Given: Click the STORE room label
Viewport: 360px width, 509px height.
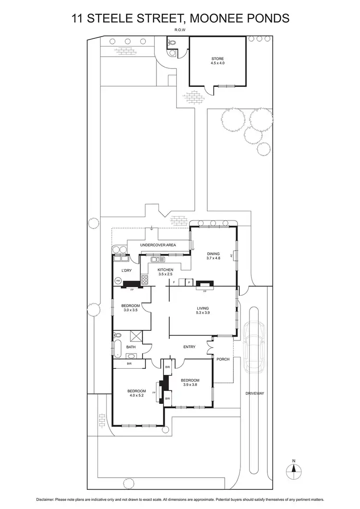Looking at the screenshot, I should [218, 61].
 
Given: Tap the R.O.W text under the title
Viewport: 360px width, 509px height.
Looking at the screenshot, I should [180, 30].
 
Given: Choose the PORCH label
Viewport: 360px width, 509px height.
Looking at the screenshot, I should [223, 358].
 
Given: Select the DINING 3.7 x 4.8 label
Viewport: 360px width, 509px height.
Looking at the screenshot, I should [213, 256].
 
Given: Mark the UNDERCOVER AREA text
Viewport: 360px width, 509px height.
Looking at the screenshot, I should [158, 245].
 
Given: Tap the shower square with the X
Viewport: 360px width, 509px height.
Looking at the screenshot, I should [136, 336].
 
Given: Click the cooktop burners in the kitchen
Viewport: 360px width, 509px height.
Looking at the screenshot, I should [144, 279].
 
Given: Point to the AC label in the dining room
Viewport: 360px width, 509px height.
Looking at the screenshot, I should [233, 256].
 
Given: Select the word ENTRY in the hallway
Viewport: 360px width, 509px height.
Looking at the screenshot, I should [189, 347].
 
